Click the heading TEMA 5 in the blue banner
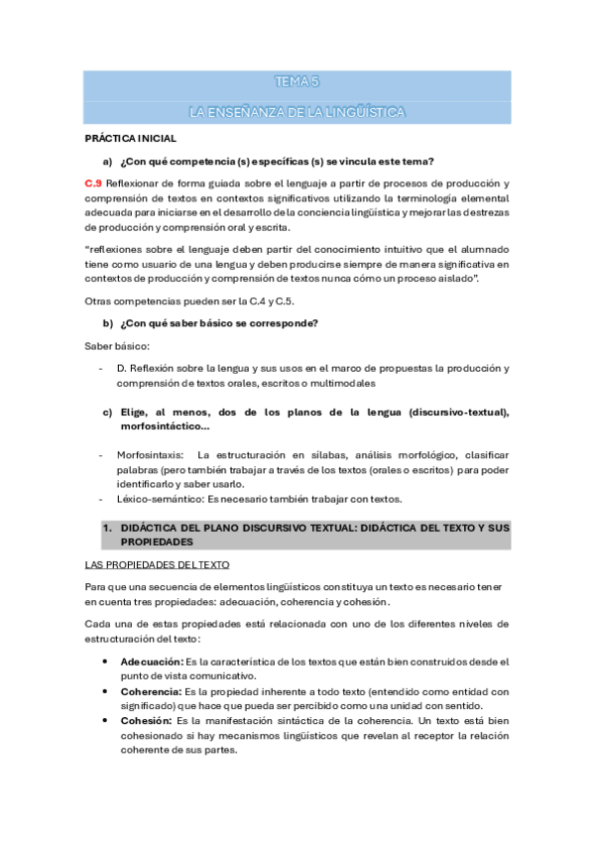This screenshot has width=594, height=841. coord(297,82)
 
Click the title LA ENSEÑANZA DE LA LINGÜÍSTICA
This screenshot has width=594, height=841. coord(297,112)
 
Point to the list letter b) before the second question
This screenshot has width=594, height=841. coord(108,323)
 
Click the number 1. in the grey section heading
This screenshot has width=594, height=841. coord(108,530)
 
